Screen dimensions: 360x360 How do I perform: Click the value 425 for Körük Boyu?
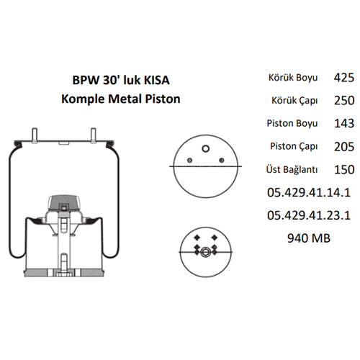(x=344, y=77)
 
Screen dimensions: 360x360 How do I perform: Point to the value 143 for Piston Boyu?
(x=344, y=123)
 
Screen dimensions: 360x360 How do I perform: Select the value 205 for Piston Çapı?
(x=344, y=147)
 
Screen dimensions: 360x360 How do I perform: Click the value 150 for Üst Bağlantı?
(x=344, y=170)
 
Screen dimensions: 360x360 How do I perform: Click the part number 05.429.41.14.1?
(x=307, y=192)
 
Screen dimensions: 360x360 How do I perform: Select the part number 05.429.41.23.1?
(x=307, y=215)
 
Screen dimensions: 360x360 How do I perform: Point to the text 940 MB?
(x=308, y=238)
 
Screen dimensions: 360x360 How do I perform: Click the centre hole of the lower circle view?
(x=205, y=252)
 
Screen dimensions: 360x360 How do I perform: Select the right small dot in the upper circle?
(x=222, y=161)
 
